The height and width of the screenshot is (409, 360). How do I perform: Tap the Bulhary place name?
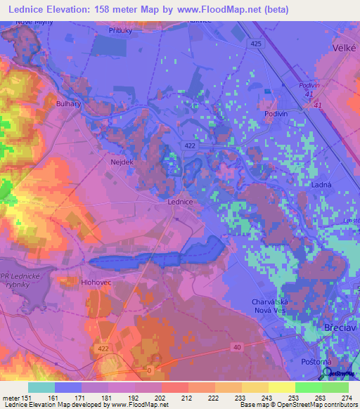[x=68, y=103]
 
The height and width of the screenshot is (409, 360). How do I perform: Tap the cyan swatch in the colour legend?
[x=41, y=387]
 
